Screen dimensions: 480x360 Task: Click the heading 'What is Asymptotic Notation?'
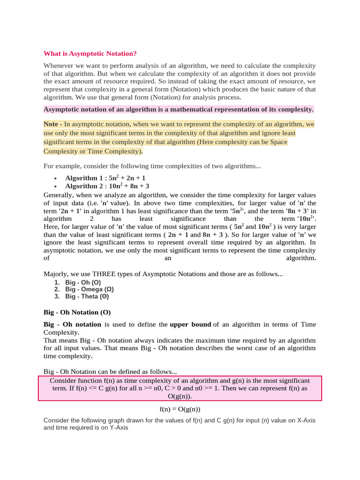pos(90,54)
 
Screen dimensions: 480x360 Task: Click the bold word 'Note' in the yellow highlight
pos(51,124)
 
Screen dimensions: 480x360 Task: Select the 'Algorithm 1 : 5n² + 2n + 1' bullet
pos(105,178)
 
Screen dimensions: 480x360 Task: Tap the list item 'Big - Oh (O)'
pos(83,283)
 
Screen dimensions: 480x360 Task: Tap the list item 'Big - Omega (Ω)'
pos(87,290)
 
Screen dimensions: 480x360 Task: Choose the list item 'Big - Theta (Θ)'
pos(87,296)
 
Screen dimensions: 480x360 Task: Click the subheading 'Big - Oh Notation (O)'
pos(77,312)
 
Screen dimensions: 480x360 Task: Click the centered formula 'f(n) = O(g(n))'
pos(180,409)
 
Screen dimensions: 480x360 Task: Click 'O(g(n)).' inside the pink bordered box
pos(180,397)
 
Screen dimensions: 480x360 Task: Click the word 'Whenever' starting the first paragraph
pos(58,66)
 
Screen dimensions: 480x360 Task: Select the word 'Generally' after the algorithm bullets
pos(59,195)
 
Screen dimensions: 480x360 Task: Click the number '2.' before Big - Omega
pos(57,290)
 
